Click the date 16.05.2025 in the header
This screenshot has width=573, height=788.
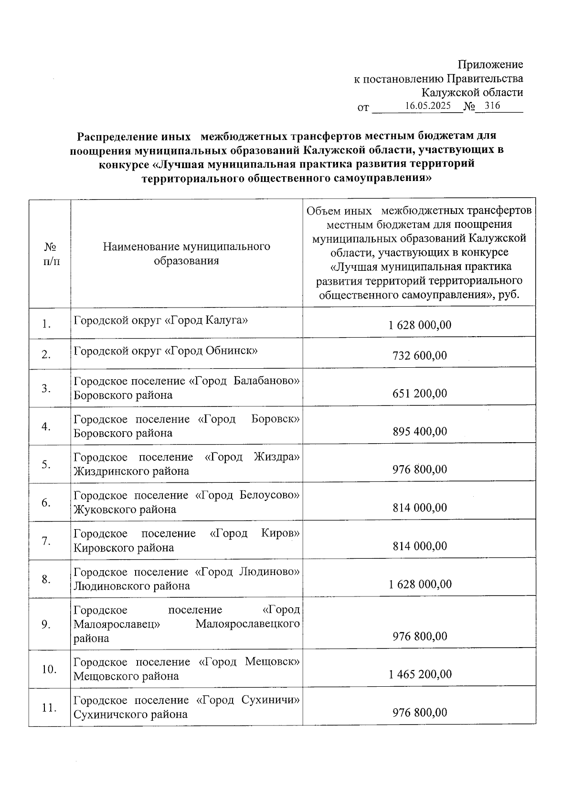[427, 106]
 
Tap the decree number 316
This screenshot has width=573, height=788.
[492, 106]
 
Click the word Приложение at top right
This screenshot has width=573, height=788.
[490, 64]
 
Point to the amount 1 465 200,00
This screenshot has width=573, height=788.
[420, 674]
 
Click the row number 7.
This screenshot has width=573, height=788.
[46, 541]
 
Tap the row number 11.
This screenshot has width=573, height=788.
[49, 708]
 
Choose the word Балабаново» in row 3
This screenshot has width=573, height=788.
[266, 381]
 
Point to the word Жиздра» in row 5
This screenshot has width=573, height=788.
[277, 457]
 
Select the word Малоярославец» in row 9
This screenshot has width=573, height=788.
[117, 624]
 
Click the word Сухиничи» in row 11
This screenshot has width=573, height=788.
[270, 700]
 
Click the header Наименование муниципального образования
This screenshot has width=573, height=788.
[186, 254]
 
